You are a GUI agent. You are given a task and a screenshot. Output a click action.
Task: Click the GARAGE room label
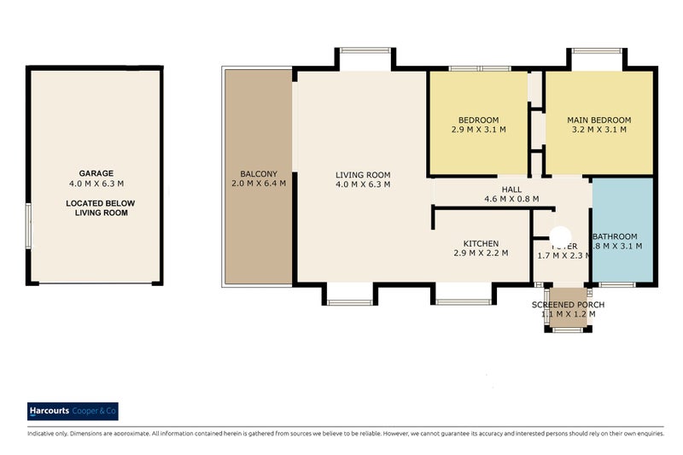(x=96, y=172)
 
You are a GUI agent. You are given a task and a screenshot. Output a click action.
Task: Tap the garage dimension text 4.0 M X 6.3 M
(x=96, y=184)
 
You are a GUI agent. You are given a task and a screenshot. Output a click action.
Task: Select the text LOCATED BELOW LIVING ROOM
(x=96, y=207)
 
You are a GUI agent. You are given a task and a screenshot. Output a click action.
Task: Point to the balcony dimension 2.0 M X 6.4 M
(x=257, y=184)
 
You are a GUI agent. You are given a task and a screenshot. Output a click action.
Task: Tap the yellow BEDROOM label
(x=478, y=120)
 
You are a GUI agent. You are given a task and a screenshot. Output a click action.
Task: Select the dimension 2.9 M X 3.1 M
(x=478, y=131)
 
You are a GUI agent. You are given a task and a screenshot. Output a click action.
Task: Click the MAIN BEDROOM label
(x=598, y=120)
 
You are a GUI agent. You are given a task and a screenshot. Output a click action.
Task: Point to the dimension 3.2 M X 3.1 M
(x=598, y=131)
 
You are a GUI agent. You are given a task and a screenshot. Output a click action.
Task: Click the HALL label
(x=511, y=190)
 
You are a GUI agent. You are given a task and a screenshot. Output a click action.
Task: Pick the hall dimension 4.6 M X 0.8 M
(x=511, y=200)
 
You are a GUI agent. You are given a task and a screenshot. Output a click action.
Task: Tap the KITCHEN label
(x=480, y=242)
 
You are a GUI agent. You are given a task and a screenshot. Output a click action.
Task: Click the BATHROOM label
(x=615, y=236)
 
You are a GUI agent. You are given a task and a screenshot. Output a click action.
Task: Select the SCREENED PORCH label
(x=568, y=305)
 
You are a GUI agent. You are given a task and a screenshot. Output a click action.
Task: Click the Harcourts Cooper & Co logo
(x=73, y=411)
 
